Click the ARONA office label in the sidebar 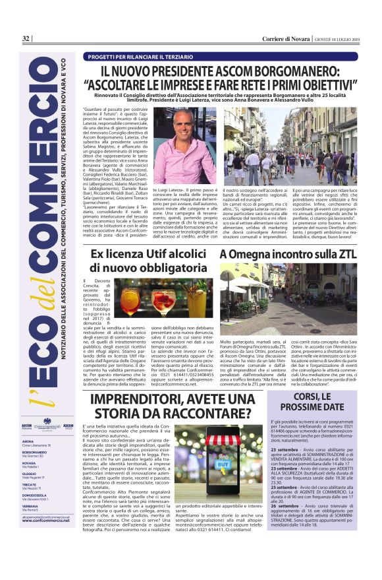point(28,441)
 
